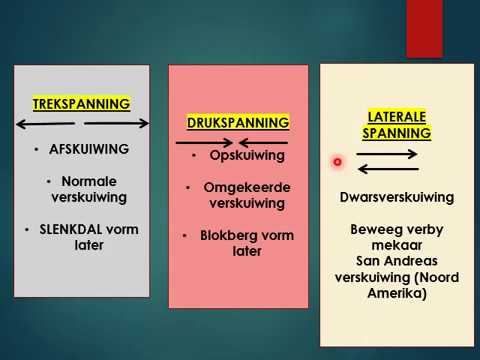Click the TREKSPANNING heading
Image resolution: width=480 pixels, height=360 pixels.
coord(82,103)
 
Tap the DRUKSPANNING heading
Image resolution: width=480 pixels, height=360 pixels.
coord(238,122)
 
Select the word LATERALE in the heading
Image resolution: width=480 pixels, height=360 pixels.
coord(397,116)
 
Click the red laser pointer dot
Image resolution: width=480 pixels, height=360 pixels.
coord(338,161)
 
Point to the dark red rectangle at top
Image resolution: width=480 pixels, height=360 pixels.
coord(424,28)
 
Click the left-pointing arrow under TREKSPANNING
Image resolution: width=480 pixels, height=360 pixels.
coord(45,124)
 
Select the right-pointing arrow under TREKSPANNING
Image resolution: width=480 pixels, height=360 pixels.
coord(118,124)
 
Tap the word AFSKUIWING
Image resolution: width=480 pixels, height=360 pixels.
coord(88,149)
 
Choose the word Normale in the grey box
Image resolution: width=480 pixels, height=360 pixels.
coord(89,181)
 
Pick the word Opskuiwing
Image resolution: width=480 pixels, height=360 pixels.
coord(247,156)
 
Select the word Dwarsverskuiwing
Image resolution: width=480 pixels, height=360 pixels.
coord(397,197)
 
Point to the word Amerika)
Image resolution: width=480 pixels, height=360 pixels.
coord(397,294)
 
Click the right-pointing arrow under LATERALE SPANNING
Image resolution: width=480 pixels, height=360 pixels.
coord(386,155)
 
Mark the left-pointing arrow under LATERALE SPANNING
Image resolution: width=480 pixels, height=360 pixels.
coord(386,169)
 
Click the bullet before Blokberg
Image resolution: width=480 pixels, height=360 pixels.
coord(187,236)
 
